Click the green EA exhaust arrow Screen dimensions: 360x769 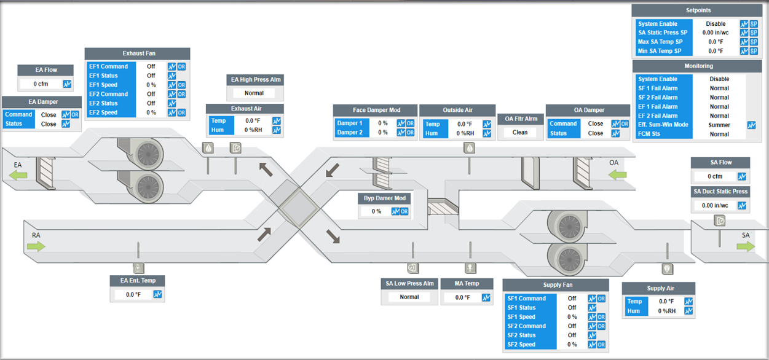18,175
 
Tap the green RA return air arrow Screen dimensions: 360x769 36,246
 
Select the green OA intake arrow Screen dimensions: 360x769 617,175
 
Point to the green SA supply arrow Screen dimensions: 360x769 746,246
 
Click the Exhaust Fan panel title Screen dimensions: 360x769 138,53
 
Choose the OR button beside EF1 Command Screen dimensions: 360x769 181,66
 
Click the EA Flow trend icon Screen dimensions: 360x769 67,84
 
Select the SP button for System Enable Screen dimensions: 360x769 754,24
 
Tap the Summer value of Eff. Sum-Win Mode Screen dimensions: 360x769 719,125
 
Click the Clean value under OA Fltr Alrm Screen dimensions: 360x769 520,132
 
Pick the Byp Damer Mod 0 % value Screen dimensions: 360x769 376,211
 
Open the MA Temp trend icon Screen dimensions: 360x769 486,297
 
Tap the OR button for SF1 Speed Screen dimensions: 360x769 601,317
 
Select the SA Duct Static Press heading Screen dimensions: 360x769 720,192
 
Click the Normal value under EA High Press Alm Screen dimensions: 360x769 254,93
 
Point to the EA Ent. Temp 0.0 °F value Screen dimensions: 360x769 133,295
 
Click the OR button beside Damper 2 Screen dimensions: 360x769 410,133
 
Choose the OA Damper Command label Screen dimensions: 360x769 563,123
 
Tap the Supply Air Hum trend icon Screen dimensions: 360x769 688,311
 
